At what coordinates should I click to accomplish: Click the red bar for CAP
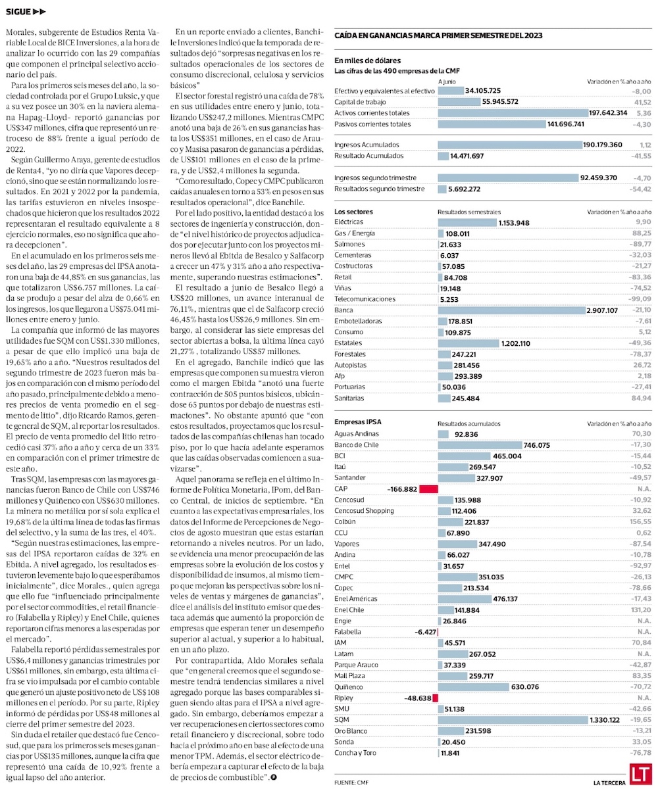click(x=428, y=489)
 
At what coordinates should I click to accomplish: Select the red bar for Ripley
click(x=435, y=698)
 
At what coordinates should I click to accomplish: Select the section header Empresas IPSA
click(x=358, y=421)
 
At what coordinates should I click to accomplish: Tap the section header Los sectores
click(x=353, y=212)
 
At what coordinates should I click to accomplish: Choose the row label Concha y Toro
click(x=355, y=753)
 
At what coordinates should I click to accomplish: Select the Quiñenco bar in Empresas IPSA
click(x=474, y=686)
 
